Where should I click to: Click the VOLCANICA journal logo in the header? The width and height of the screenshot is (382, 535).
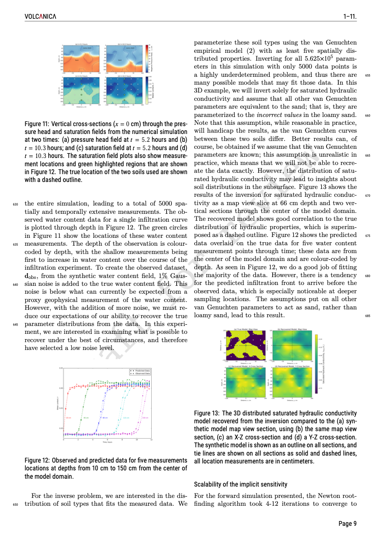(40, 17)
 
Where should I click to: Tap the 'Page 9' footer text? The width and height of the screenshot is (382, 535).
(347, 523)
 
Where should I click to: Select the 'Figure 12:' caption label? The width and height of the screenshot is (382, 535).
(38, 460)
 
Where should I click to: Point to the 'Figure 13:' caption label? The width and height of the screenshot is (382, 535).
(207, 413)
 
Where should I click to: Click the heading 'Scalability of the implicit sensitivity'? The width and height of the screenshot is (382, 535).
(240, 484)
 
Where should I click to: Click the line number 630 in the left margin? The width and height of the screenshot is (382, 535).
(15, 204)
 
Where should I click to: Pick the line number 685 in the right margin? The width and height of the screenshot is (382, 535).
(368, 316)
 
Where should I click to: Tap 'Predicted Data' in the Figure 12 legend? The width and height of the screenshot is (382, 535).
(142, 370)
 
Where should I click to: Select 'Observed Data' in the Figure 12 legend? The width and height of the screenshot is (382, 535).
(142, 374)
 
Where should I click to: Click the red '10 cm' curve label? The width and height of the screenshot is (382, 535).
(68, 418)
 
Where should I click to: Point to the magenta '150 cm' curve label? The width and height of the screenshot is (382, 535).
(146, 418)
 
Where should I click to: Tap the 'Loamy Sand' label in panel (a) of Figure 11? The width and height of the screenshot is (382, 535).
(87, 48)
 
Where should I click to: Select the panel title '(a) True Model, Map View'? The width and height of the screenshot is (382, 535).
(245, 329)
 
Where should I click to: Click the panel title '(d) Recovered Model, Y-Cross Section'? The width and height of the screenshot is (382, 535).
(292, 366)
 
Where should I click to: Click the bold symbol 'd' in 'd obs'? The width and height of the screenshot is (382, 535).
(27, 276)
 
